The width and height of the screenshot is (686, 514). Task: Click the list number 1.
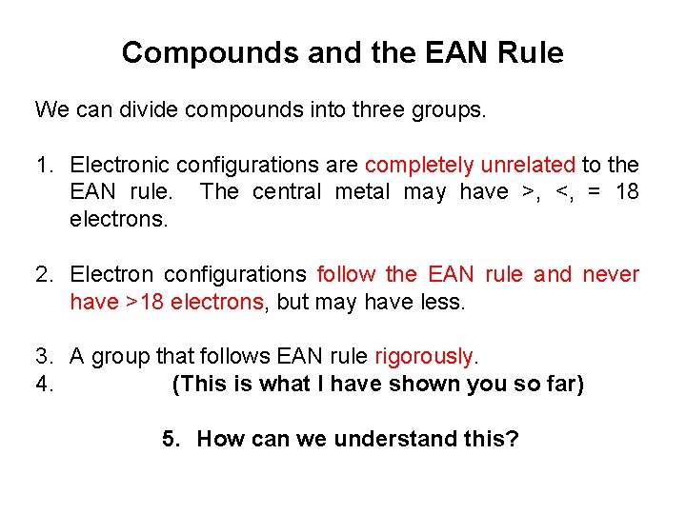pyautogui.click(x=44, y=166)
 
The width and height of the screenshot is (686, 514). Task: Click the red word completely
pyautogui.click(x=420, y=166)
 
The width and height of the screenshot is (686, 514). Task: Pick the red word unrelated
pyautogui.click(x=528, y=166)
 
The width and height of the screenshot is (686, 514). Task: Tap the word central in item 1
pyautogui.click(x=287, y=192)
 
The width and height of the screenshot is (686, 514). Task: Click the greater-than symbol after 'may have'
pyautogui.click(x=526, y=193)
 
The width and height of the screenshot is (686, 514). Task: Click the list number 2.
pyautogui.click(x=44, y=275)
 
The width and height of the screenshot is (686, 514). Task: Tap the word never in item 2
pyautogui.click(x=610, y=275)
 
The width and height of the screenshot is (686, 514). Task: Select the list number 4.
pyautogui.click(x=44, y=385)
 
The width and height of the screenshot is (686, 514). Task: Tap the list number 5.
pyautogui.click(x=171, y=440)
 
